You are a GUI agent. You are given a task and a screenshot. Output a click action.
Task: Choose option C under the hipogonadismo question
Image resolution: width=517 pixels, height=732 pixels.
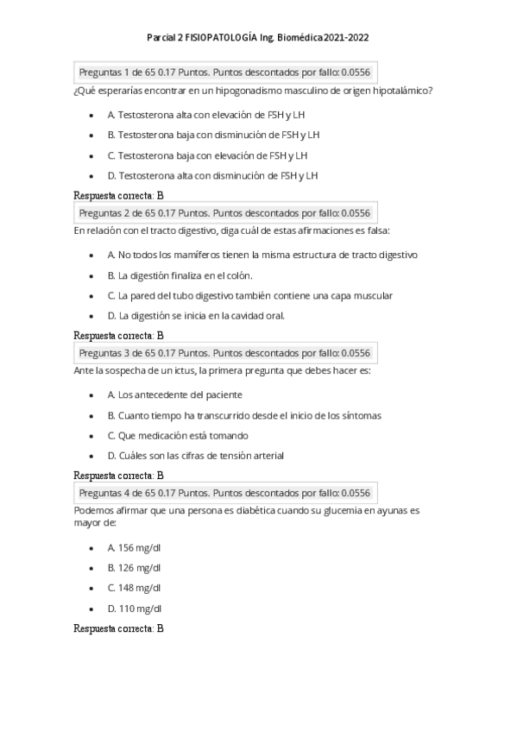[207, 155]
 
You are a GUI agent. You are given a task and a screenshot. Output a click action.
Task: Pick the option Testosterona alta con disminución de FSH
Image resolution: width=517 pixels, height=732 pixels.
[213, 175]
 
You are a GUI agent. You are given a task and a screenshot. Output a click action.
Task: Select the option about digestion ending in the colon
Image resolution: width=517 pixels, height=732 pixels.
[180, 275]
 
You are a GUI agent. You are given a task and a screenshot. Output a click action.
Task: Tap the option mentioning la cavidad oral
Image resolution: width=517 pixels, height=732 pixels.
[196, 315]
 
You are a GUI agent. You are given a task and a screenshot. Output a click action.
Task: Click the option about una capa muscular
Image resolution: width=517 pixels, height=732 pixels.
[250, 295]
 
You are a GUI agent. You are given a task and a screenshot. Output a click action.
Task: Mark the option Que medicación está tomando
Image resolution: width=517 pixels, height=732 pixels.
[178, 435]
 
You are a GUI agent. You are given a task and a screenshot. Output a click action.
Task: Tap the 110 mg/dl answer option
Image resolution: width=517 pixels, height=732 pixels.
[134, 608]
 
